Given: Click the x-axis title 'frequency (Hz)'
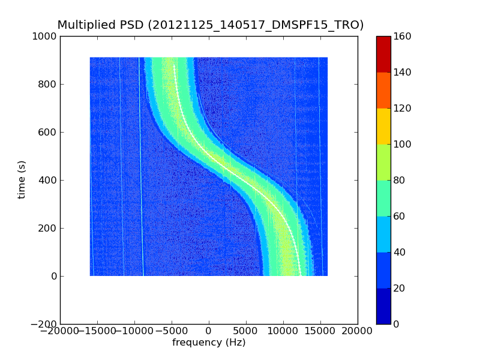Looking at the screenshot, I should coord(209,343).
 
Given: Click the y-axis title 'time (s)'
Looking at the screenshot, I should coord(22,179).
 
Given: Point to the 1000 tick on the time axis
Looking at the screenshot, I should coord(46,36).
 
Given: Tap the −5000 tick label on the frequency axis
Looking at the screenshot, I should coord(172,331).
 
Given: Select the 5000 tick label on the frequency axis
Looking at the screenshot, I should coord(246,331).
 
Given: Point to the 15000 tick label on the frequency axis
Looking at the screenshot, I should coord(320,331).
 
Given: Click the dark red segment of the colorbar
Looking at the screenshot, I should coord(383,54).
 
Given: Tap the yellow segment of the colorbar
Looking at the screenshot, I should coord(383,126).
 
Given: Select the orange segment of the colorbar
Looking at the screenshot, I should coord(383,90).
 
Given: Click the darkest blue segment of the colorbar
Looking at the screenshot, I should coord(383,306).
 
